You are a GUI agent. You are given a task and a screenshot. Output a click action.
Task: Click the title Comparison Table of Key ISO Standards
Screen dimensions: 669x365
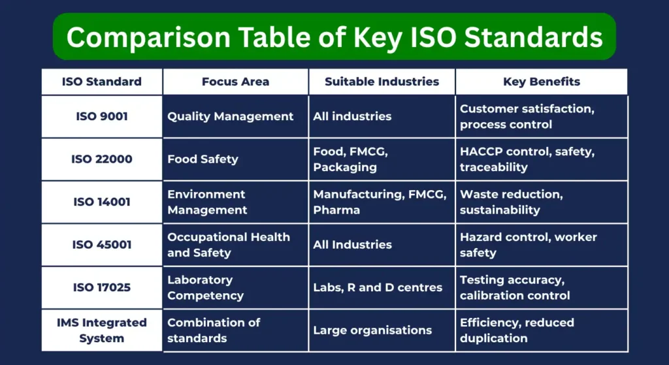click(x=334, y=37)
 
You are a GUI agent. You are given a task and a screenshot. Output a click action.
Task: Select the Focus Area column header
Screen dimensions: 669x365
click(x=235, y=82)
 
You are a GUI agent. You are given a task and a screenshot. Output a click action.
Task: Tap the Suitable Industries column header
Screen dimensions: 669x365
click(x=382, y=82)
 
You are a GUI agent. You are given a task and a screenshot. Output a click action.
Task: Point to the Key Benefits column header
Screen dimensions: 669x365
click(x=542, y=82)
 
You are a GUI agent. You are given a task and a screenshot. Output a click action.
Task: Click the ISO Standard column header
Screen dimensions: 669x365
click(x=101, y=82)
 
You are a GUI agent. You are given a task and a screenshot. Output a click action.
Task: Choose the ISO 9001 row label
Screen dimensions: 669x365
click(x=101, y=116)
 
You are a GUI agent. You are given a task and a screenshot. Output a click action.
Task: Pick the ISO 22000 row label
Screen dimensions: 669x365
click(x=101, y=159)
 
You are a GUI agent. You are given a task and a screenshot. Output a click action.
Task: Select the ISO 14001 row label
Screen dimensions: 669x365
click(x=101, y=202)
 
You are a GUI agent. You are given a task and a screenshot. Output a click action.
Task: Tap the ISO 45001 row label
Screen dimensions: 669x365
click(x=101, y=244)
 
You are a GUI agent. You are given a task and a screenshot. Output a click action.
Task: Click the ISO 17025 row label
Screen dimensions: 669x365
click(x=101, y=287)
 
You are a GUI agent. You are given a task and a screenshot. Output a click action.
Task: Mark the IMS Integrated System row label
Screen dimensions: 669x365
click(x=101, y=330)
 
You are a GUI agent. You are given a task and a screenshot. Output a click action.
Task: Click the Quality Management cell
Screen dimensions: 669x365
click(x=231, y=116)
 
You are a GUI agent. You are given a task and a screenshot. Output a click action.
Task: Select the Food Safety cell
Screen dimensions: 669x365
click(x=203, y=159)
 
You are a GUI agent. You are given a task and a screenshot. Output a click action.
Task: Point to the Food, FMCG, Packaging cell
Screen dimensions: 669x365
click(x=350, y=159)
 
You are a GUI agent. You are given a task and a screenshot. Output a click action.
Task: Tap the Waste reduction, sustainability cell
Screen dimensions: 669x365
click(x=511, y=202)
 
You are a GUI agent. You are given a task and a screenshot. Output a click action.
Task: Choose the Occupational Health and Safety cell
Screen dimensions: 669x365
click(x=228, y=244)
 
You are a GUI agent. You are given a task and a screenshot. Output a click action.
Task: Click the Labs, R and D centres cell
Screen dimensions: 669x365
click(x=378, y=287)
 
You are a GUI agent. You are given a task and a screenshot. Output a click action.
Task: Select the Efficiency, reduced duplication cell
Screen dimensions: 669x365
click(x=517, y=330)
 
